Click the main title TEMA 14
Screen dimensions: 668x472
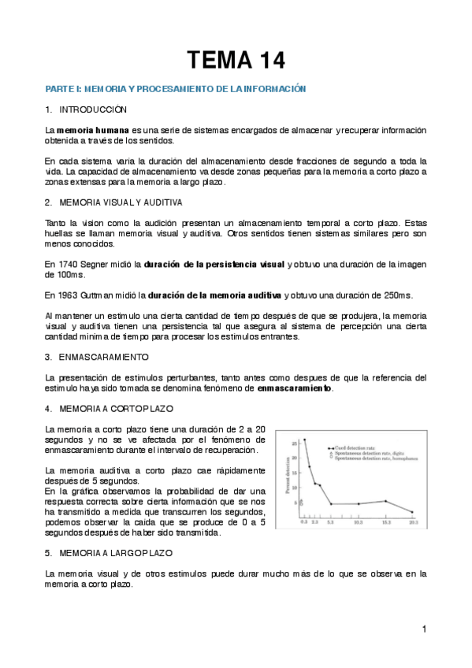click(x=236, y=59)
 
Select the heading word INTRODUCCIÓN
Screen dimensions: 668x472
click(x=93, y=109)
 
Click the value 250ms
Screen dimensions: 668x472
click(x=396, y=295)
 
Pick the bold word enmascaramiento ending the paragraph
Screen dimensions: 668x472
click(x=295, y=388)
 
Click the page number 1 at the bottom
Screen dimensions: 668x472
click(x=423, y=629)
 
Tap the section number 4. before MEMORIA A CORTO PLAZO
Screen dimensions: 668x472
click(x=49, y=408)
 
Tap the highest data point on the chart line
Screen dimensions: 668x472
click(x=304, y=440)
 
